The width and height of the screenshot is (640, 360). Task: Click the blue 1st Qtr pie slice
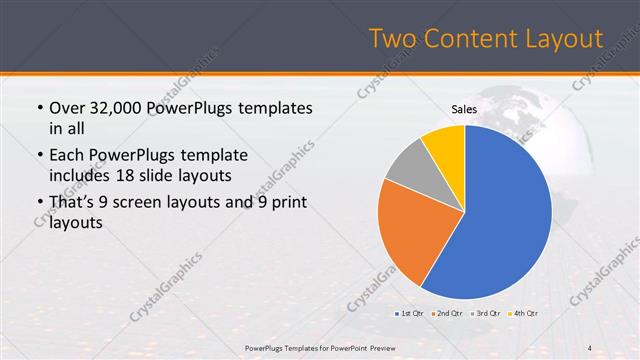click(x=500, y=220)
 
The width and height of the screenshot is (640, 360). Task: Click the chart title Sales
click(x=465, y=109)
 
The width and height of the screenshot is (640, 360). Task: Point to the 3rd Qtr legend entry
click(x=485, y=314)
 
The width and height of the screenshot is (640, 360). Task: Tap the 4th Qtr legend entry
click(x=523, y=314)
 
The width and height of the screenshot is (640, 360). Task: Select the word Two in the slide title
click(x=391, y=39)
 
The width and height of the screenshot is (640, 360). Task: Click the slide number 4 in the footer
click(x=590, y=348)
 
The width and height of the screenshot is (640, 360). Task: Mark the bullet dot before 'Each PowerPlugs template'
click(x=38, y=156)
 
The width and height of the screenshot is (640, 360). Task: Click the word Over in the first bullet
click(x=67, y=108)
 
